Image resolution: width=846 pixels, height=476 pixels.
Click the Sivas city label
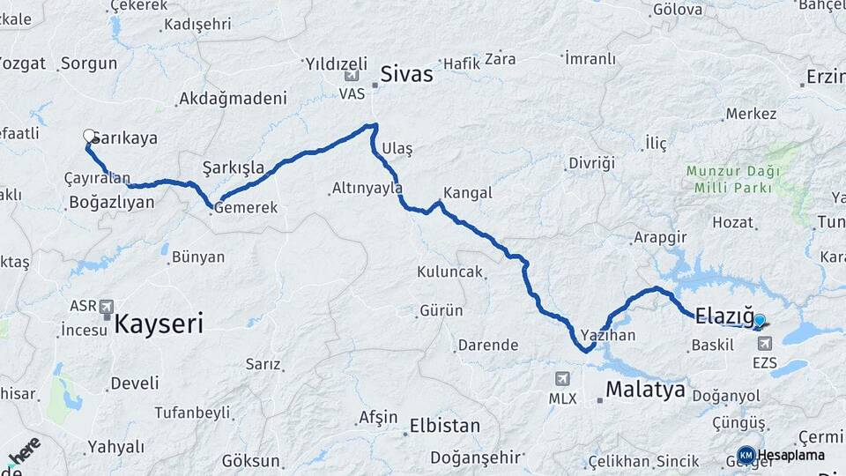pyautogui.click(x=406, y=74)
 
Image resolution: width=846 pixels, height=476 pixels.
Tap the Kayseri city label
pyautogui.click(x=159, y=324)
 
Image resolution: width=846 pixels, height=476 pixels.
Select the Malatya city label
pyautogui.click(x=645, y=390)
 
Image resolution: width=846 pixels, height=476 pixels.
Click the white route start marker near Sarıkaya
pyautogui.click(x=89, y=136)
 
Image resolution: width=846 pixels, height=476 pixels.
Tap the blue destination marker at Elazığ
pyautogui.click(x=759, y=322)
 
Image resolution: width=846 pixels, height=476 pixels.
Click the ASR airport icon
pyautogui.click(x=107, y=307)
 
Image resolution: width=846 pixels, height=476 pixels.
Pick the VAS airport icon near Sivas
pyautogui.click(x=352, y=76)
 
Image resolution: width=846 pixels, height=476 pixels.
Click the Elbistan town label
pyautogui.click(x=445, y=426)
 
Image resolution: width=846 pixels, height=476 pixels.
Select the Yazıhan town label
pyautogui.click(x=608, y=336)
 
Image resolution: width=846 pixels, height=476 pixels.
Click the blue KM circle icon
pyautogui.click(x=746, y=455)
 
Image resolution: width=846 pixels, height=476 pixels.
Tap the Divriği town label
pyautogui.click(x=590, y=163)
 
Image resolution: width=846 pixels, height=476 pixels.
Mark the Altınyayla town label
pyautogui.click(x=367, y=188)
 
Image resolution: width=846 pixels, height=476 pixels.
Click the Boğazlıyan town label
pyautogui.click(x=111, y=202)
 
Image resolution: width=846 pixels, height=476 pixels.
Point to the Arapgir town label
pyautogui.click(x=658, y=238)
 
